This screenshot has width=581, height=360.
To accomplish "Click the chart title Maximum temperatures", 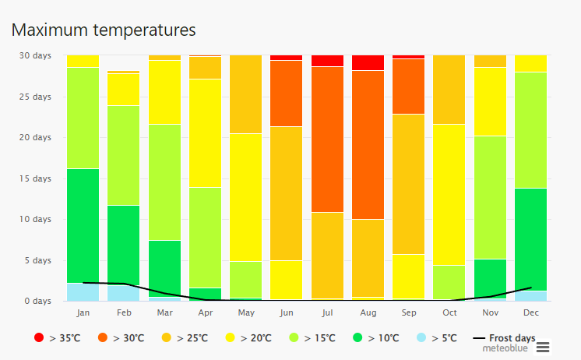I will pos(104,30).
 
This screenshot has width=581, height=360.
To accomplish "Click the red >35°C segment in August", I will pos(367,62).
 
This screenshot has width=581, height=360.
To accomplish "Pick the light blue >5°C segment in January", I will pos(83,291).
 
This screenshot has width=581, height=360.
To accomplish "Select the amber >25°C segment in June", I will pos(286,192).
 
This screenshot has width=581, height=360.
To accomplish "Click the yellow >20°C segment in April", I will pos(205,132).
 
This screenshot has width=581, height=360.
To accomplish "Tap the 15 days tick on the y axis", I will pos(35,178).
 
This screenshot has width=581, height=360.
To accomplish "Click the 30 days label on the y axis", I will pos(35,56).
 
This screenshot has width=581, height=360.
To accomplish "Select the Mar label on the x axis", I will pos(164,313).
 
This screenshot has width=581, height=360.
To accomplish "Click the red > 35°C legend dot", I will pos(39,338).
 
